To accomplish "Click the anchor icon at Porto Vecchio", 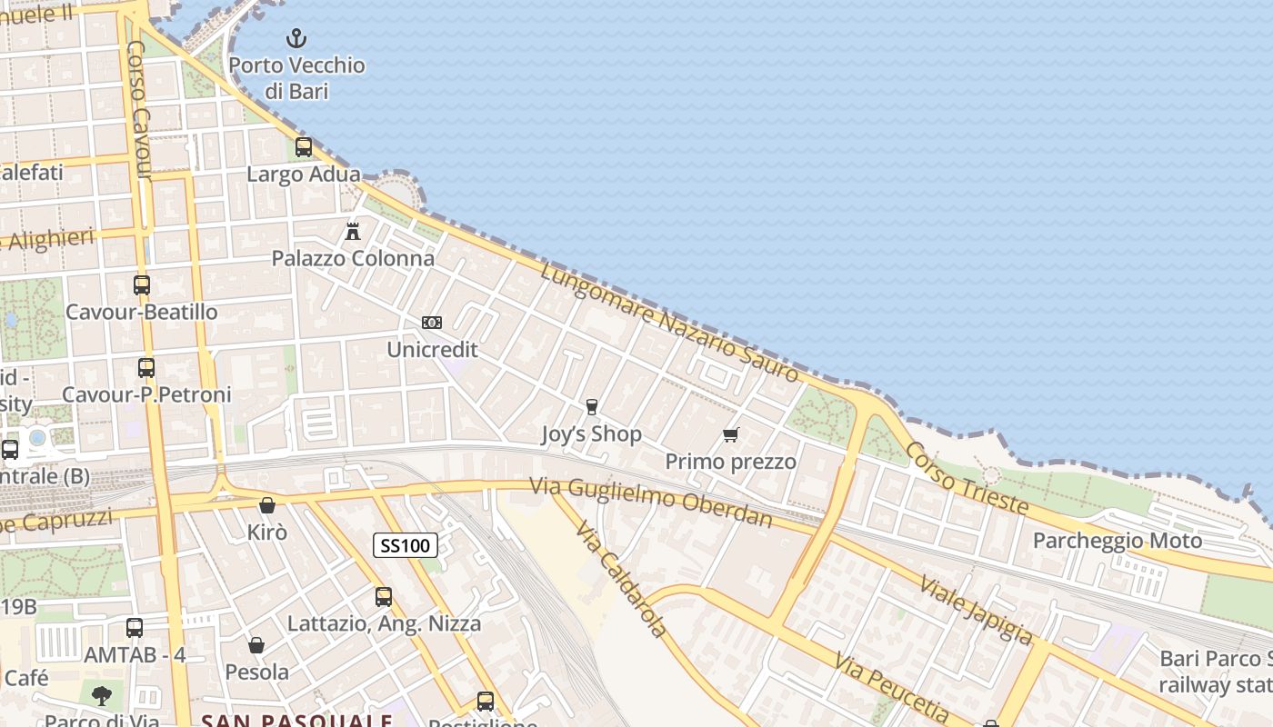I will (296, 38).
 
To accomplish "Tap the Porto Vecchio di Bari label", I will (296, 78).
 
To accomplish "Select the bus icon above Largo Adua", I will (304, 147).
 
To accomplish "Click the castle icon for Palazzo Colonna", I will (353, 231).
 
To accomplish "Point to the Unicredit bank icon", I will (432, 323).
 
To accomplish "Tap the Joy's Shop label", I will (591, 434).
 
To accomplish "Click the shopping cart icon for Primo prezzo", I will (730, 434).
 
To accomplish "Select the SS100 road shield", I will (406, 545).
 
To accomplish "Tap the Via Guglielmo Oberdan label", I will (651, 503).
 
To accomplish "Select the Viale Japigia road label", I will (976, 609).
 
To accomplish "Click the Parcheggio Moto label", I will (1118, 541).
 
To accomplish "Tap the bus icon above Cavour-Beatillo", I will (142, 284).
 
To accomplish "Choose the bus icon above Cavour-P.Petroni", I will (146, 368).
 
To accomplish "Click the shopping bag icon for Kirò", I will (267, 505).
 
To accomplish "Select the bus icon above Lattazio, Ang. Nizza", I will (384, 597).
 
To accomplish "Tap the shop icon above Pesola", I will (256, 645).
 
